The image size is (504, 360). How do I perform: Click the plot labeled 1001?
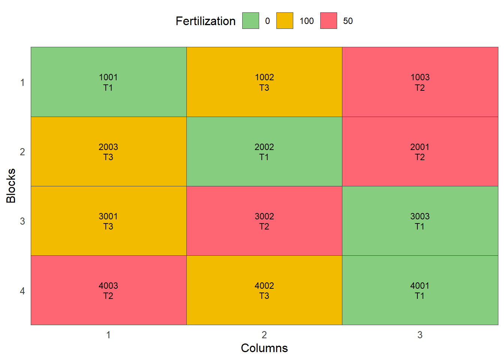[109, 82]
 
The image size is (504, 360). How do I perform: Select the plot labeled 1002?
[264, 82]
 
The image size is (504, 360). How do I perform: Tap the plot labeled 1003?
[420, 82]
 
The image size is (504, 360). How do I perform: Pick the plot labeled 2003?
[109, 151]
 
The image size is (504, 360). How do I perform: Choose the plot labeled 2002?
[264, 151]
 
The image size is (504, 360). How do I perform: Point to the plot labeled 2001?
[420, 151]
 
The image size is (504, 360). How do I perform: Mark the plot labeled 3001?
[109, 221]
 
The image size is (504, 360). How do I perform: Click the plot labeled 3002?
[264, 221]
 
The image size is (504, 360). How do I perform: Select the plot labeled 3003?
[420, 221]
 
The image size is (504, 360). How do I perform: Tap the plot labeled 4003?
[109, 290]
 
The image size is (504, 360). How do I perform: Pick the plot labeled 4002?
[264, 290]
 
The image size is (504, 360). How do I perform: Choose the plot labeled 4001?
[420, 290]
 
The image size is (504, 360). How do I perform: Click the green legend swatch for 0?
[250, 21]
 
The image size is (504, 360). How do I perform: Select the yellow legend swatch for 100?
[285, 21]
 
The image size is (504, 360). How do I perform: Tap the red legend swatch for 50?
[329, 21]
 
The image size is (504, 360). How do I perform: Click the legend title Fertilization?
[205, 21]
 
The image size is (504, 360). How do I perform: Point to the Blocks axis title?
[11, 186]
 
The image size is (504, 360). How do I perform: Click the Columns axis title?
[264, 348]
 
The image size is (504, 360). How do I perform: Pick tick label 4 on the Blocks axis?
[22, 291]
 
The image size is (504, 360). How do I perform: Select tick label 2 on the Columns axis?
[264, 335]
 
